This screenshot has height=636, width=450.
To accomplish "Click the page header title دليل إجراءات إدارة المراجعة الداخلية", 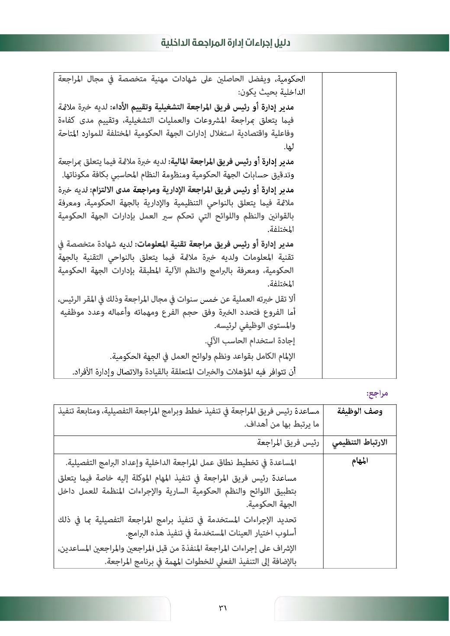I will pos(225,43).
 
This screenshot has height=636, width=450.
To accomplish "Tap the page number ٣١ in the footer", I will pos(223,608).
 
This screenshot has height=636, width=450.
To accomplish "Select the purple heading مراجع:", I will pos(377,393).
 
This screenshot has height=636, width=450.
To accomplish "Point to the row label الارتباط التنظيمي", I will pos(360,443).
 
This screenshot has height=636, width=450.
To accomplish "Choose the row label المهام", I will pos(360,461).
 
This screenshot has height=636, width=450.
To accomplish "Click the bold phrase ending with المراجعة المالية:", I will pos(231,162).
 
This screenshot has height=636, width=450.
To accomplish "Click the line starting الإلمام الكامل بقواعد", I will pos(202,356).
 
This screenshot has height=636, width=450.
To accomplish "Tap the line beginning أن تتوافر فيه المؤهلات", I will pos(184,371).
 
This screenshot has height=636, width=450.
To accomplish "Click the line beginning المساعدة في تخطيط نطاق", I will pos(181,463).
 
